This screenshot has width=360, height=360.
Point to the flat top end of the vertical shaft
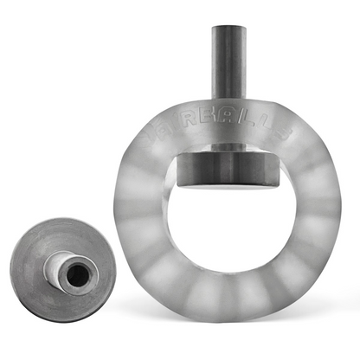pos(228,29)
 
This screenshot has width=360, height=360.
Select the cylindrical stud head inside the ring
pos(228,168)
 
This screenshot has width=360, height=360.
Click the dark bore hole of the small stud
pos(78,274)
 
